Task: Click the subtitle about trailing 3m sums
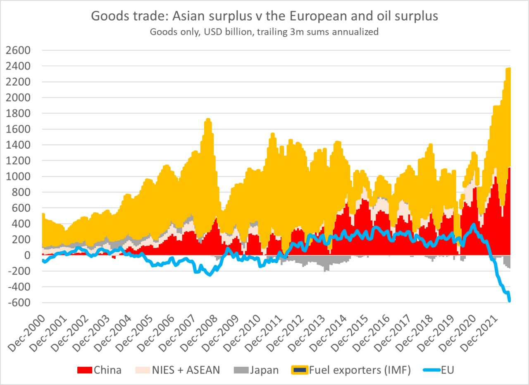[264, 32]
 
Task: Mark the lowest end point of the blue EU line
[510, 301]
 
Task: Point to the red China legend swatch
[85, 370]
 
